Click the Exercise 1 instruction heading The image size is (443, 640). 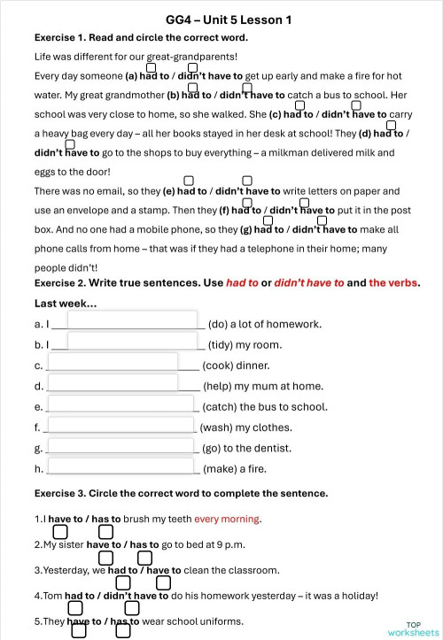point(141,38)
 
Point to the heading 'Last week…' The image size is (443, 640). point(66,304)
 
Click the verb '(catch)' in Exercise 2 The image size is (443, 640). point(219,407)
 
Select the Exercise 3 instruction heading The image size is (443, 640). point(181,493)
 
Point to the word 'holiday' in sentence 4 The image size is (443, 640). point(355,596)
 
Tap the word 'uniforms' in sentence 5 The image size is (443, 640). point(221,621)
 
